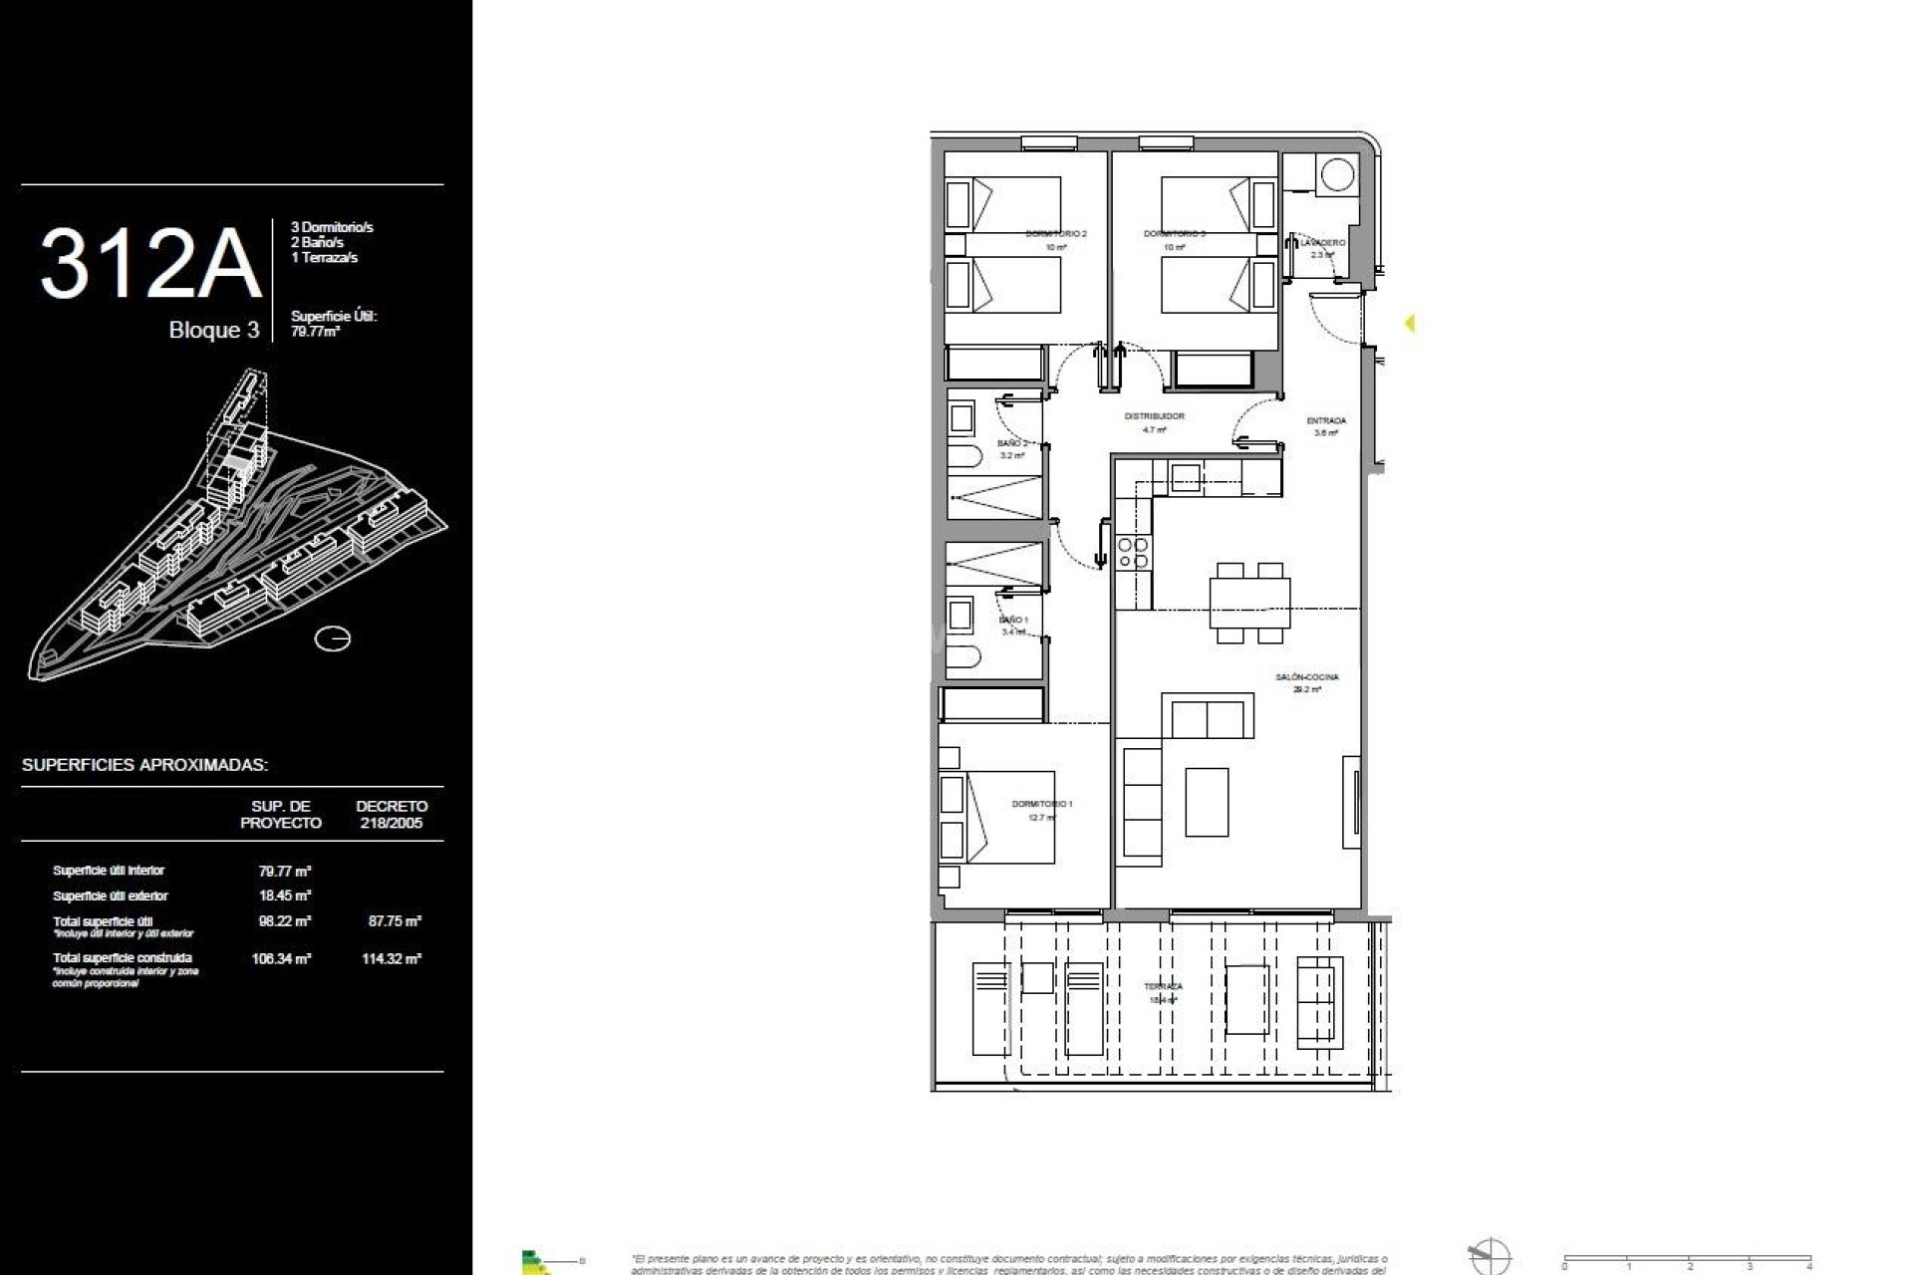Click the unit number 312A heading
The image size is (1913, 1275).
click(x=150, y=264)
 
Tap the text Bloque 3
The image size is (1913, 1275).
click(x=213, y=331)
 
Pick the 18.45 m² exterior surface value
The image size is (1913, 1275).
click(x=284, y=895)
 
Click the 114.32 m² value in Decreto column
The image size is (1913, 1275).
click(x=392, y=959)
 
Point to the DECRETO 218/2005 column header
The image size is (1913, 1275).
click(x=392, y=815)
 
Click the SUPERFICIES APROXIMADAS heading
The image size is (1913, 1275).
click(x=144, y=765)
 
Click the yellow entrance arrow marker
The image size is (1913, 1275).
click(x=1409, y=323)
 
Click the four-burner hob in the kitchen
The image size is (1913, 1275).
click(x=1133, y=553)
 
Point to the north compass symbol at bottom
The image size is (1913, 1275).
click(x=1490, y=1258)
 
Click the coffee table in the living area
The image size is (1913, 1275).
click(x=1207, y=802)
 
